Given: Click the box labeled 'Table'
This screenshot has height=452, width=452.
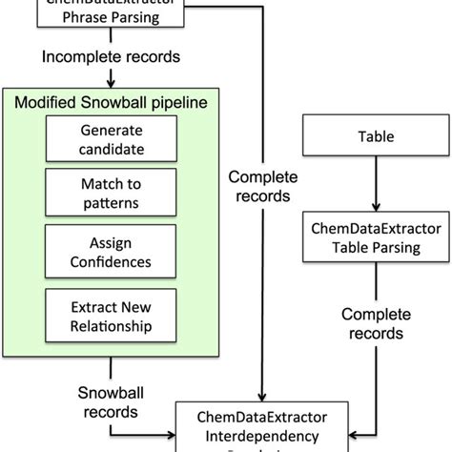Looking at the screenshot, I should click(x=359, y=136).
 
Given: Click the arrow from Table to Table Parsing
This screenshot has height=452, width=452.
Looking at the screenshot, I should click(x=359, y=187).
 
